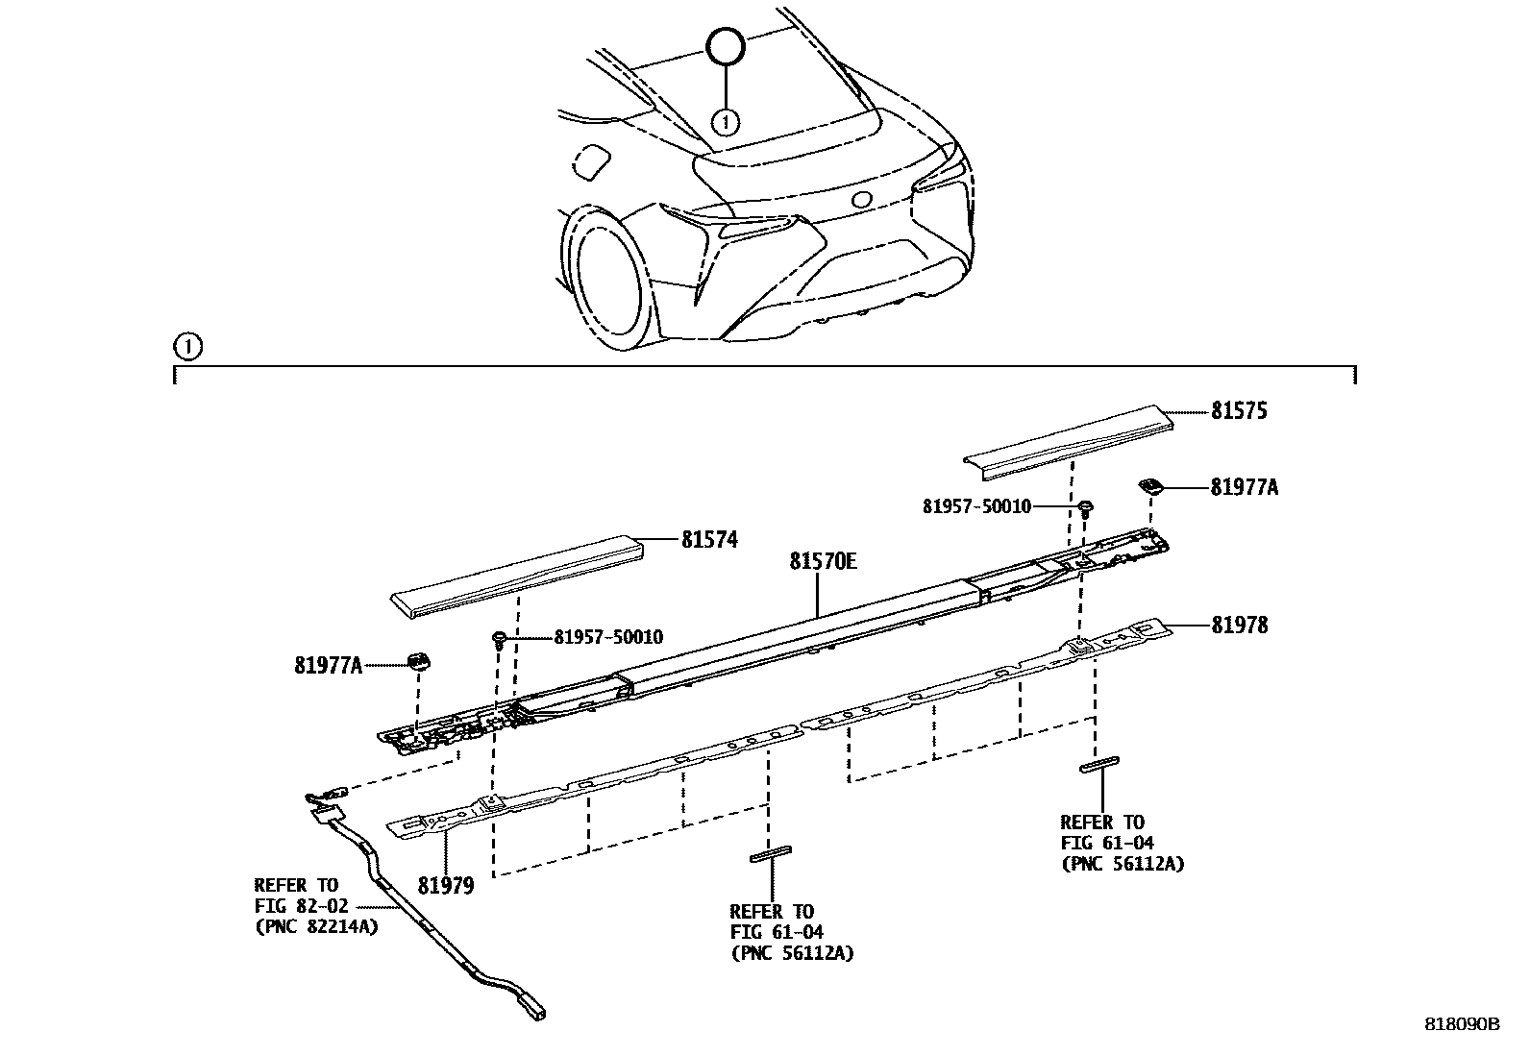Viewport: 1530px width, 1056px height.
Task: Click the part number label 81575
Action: click(1238, 411)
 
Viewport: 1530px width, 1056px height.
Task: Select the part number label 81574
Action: click(709, 540)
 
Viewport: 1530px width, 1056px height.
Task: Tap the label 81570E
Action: click(823, 561)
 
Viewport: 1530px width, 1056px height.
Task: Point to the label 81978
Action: click(1239, 626)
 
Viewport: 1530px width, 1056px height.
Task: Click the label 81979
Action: click(446, 885)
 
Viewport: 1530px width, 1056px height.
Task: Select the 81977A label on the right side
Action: click(1244, 488)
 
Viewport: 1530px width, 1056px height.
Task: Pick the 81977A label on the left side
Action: click(329, 664)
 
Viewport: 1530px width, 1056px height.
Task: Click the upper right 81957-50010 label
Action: click(976, 506)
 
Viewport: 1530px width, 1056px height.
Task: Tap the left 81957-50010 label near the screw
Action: click(607, 637)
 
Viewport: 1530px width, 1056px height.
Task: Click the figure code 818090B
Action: click(1461, 1024)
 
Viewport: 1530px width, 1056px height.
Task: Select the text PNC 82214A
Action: click(316, 927)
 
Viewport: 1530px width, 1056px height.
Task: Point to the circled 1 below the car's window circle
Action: click(726, 121)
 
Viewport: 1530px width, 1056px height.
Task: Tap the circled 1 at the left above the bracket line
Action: click(187, 346)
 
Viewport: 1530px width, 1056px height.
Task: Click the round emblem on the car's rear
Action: click(862, 200)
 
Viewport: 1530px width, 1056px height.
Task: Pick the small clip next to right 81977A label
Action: click(1150, 486)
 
